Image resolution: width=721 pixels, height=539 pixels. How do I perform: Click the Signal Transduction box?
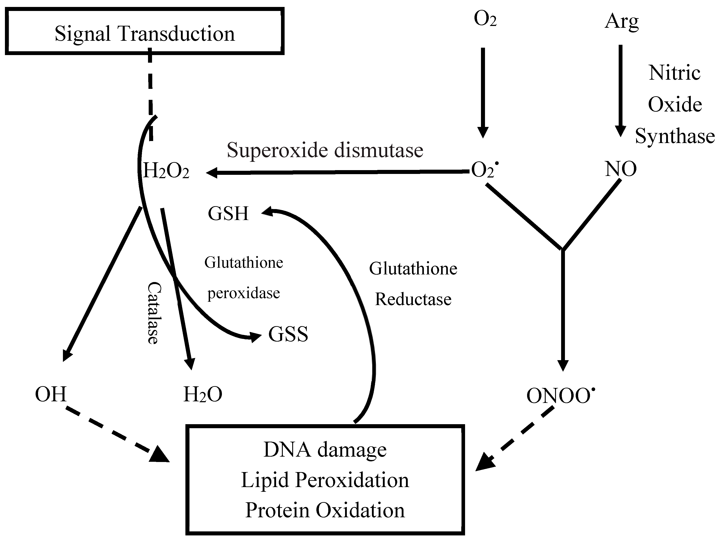[144, 31]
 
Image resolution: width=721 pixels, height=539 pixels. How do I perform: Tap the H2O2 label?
[166, 171]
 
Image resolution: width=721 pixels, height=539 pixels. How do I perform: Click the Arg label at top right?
[622, 21]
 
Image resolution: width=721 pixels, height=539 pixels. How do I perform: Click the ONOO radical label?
[560, 396]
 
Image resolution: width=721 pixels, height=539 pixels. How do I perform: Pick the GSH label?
[228, 214]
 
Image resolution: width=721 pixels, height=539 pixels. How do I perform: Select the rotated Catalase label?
[153, 313]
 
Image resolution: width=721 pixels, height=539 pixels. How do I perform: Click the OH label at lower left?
[51, 394]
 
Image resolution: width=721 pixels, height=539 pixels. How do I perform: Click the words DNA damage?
[325, 450]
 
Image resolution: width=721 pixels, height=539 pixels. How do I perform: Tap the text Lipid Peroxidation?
[325, 480]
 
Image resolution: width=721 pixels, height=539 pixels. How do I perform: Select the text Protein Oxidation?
[325, 510]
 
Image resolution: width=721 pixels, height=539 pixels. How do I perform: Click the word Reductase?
[413, 299]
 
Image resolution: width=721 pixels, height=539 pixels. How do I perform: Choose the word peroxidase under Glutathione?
[243, 293]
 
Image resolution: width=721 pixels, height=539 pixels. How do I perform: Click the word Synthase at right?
[675, 136]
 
